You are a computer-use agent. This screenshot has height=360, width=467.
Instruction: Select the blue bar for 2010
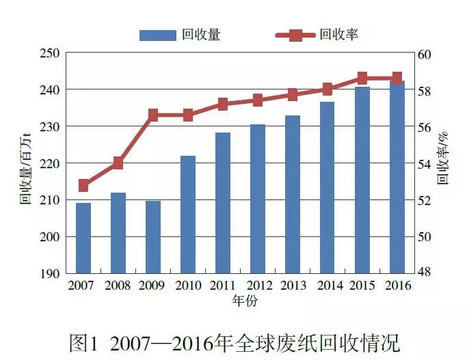pos(188,214)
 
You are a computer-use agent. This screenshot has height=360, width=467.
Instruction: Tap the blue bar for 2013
pos(292,194)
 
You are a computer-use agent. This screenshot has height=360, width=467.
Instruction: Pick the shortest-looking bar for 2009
pos(153,237)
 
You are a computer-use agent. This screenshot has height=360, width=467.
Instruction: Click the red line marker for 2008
pos(118,163)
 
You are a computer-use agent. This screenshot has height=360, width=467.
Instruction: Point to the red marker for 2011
pos(223,105)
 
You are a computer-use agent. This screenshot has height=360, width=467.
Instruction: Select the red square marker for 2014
pos(327,89)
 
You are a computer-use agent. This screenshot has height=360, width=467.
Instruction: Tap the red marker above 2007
pos(83,185)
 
